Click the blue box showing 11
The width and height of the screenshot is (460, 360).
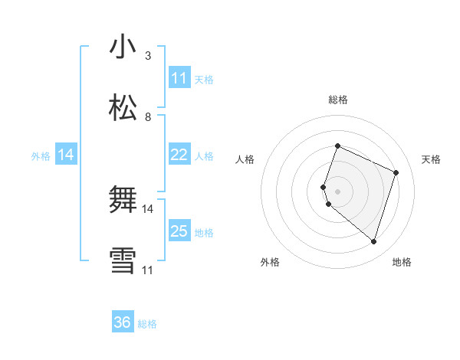(179, 78)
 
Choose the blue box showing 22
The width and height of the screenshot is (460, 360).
(179, 155)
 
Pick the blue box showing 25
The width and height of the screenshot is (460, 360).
(179, 231)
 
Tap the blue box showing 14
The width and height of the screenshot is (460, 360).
(66, 155)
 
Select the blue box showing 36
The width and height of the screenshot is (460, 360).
(123, 322)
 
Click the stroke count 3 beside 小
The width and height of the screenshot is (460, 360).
(148, 56)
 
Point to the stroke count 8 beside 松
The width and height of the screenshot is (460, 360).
(148, 117)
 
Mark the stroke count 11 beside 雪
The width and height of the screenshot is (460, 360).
(148, 270)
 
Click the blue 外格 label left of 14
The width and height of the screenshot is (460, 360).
(41, 156)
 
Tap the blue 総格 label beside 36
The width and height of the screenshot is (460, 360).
(147, 324)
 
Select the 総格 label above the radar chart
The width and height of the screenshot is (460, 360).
(338, 100)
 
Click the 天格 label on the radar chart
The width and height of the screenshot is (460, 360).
(432, 159)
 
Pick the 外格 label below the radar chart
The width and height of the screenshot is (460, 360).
(270, 262)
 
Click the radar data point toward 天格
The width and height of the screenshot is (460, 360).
(396, 172)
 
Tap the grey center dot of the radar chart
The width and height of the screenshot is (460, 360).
(338, 191)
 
